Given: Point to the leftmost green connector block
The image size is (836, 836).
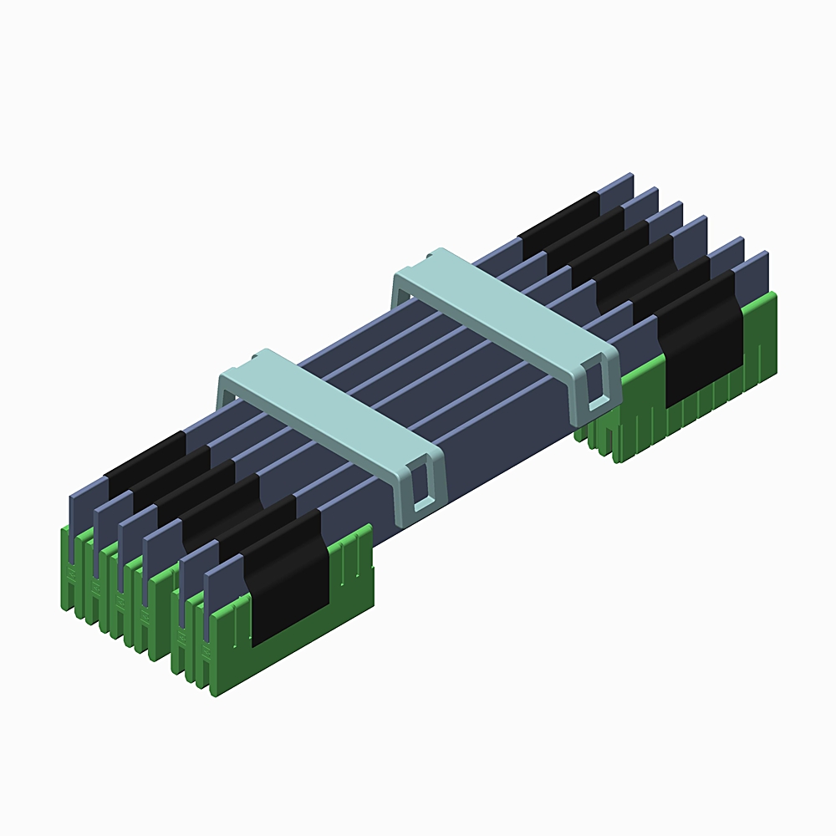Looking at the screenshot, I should (70, 568).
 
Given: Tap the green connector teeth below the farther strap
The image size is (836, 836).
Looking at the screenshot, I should (619, 439).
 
